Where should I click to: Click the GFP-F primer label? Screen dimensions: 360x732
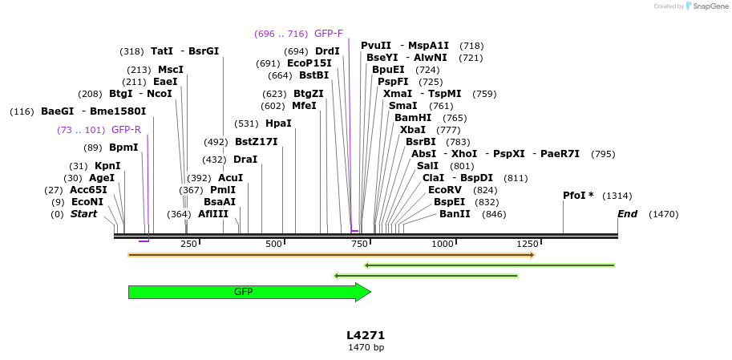tap(328, 34)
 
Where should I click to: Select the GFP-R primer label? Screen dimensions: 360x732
tap(126, 130)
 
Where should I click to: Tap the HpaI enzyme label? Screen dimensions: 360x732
tap(278, 123)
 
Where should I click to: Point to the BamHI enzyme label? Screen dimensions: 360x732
tap(413, 118)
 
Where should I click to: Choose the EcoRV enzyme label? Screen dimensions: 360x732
tap(446, 190)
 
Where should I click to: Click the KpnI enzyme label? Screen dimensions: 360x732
tap(107, 166)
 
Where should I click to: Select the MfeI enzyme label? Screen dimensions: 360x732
tap(304, 106)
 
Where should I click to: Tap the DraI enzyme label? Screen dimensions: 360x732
tap(245, 160)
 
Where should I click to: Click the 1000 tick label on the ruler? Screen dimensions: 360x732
tap(443, 244)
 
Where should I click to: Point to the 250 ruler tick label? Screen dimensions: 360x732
tap(188, 244)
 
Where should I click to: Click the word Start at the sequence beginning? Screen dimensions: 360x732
tap(83, 214)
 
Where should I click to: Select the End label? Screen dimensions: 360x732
tap(627, 214)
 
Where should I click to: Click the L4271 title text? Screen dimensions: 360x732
tap(366, 335)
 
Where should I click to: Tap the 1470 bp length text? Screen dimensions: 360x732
tap(366, 348)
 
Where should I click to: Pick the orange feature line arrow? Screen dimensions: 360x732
tap(330, 255)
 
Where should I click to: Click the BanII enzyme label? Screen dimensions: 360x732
tap(455, 214)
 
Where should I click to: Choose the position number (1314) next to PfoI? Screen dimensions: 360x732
tap(617, 196)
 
